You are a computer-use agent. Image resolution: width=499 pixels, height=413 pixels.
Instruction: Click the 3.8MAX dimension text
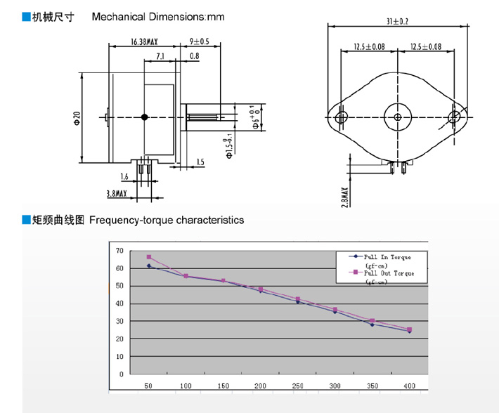coord(116,192)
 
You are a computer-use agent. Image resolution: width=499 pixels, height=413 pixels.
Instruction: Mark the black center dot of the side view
coord(145,117)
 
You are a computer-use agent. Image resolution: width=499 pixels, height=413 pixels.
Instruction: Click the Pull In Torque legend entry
coord(383,258)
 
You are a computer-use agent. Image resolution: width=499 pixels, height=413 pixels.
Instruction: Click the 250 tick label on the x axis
coord(299,386)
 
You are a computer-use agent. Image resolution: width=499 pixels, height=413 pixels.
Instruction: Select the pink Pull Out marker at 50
coord(149,257)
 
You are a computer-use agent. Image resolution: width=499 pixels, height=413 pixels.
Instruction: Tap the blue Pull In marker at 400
coord(410,331)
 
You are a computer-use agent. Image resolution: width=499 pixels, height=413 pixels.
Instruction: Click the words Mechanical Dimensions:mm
coord(158,16)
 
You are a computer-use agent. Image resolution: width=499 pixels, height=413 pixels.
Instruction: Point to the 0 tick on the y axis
coord(121,374)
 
